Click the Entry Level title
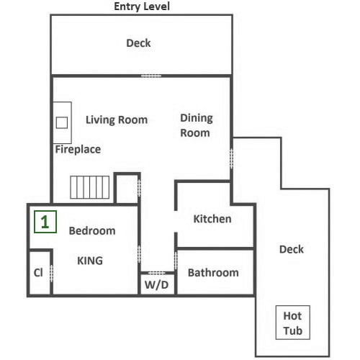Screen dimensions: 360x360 coord(142,6)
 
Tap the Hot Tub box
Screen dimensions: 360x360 coord(293,323)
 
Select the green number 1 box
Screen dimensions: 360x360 coord(45,222)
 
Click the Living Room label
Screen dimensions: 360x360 coord(117,120)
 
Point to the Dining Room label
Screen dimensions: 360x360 coord(197,125)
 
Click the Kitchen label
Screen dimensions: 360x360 coord(212,219)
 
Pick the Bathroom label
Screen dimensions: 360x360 coord(213,273)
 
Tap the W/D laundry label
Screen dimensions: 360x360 coord(156,285)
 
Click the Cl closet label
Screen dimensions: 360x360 coord(38,273)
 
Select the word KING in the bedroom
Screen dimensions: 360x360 coord(90,261)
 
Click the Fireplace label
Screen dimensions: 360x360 coord(78,149)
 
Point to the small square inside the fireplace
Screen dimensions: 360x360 coord(62,122)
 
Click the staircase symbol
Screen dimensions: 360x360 coord(90,187)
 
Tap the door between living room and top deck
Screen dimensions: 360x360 coord(151,76)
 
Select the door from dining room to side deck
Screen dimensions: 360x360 coord(231,158)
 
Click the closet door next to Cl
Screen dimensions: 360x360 coord(51,274)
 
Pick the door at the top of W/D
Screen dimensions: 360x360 coord(156,273)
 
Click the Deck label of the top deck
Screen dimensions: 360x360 coord(138,43)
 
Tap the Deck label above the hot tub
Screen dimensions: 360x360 coord(292,249)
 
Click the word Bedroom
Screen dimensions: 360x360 coord(92,230)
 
